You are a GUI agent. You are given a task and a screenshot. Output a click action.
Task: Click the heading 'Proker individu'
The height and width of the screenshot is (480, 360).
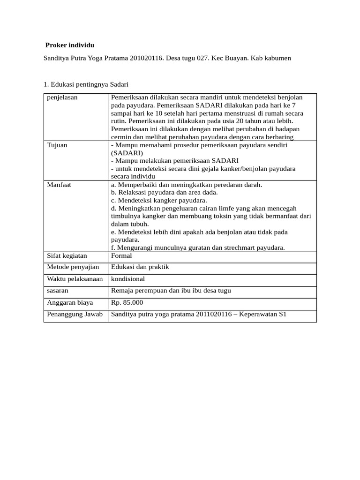[70, 45]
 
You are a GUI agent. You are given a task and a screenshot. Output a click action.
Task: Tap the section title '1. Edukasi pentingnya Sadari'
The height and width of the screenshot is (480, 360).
[86, 84]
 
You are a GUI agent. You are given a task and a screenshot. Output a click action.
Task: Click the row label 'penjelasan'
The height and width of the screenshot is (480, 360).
[62, 97]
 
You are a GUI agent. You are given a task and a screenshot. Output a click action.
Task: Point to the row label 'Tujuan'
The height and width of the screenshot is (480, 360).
[57, 145]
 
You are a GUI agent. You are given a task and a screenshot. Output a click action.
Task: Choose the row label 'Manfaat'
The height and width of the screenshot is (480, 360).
[59, 185]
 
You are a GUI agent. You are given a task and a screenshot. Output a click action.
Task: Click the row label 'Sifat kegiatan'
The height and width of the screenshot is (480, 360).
[67, 256]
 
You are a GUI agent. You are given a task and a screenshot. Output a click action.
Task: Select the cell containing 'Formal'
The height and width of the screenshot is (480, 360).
[121, 256]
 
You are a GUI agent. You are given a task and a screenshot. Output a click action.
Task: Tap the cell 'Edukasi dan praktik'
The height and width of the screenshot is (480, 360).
[140, 267]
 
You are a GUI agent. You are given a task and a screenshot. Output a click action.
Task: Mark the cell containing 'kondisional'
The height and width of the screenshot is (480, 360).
[127, 279]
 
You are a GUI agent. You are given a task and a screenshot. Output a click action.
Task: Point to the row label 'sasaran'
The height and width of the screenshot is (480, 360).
[58, 291]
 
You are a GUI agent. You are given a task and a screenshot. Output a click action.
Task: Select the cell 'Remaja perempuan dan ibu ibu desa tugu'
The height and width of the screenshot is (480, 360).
[171, 291]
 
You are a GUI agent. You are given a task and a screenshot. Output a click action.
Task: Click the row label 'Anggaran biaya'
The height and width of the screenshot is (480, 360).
[70, 303]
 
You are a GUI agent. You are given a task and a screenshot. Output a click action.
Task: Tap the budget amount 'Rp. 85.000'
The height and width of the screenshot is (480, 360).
[127, 303]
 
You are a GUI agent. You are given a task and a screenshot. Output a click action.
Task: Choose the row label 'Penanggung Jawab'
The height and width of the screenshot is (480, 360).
[75, 315]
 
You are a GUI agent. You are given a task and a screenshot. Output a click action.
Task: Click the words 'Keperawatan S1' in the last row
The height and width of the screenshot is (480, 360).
[262, 315]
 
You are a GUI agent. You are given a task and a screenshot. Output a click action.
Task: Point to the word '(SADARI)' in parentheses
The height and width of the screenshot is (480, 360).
[124, 153]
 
